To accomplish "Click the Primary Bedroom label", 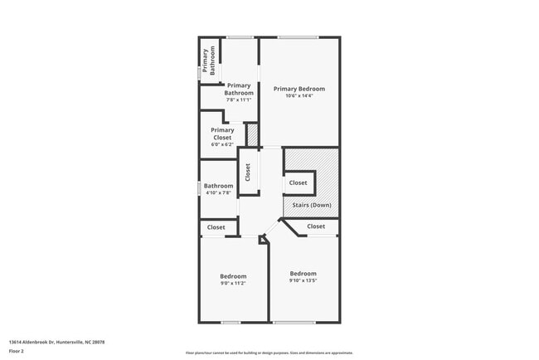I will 299,89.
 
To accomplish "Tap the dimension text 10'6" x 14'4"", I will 299,96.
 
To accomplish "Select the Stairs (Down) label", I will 311,205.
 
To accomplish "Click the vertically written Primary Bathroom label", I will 211,61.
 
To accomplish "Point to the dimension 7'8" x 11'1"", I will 239,100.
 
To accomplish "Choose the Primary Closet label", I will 222,134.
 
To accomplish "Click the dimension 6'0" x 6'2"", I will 222,145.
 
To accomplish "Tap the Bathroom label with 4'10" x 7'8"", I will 219,186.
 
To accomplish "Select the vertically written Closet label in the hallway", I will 247,172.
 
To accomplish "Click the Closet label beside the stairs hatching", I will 298,182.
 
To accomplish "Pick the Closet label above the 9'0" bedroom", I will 216,227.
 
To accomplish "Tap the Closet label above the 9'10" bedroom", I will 316,226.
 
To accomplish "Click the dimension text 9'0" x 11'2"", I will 233,284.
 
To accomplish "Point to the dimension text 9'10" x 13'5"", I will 303,280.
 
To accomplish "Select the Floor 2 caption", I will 16,351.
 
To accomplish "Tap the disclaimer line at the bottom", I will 269,353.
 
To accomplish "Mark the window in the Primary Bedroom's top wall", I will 298,36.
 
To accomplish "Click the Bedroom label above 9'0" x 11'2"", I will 233,276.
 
